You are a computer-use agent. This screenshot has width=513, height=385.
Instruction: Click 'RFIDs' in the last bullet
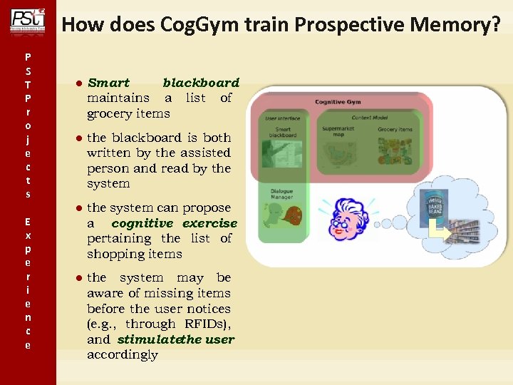point(207,324)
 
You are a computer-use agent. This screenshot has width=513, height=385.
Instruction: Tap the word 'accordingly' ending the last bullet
point(122,355)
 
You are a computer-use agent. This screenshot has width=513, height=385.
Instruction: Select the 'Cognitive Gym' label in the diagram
point(338,102)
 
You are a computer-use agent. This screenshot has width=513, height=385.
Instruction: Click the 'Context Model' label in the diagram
point(371,117)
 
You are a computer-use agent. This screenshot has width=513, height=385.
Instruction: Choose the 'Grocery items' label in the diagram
point(395,130)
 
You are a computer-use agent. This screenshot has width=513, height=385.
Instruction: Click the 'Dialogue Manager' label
point(281,195)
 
